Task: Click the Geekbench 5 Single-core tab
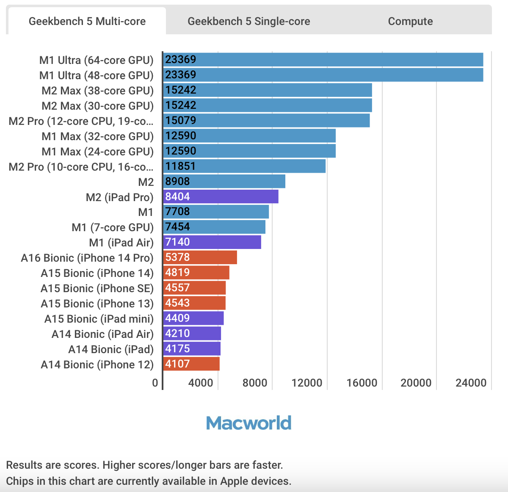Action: (248, 21)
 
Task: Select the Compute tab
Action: (410, 21)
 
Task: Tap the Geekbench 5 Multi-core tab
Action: (87, 21)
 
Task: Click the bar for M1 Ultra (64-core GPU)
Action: (323, 60)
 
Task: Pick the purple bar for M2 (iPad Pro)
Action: (221, 196)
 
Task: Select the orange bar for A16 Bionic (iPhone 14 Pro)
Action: (200, 257)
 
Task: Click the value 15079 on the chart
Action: (181, 120)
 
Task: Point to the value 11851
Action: (180, 166)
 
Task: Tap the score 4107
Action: (177, 364)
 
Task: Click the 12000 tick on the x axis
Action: (307, 383)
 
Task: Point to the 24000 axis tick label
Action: (471, 383)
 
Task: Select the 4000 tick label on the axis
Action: (201, 383)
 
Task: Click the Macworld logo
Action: (249, 423)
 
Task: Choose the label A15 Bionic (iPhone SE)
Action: (97, 288)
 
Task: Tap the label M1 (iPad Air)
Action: (121, 243)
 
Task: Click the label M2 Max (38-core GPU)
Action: (97, 91)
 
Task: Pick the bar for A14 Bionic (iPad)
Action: (192, 349)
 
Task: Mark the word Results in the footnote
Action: (25, 465)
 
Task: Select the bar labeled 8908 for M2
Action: (224, 181)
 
